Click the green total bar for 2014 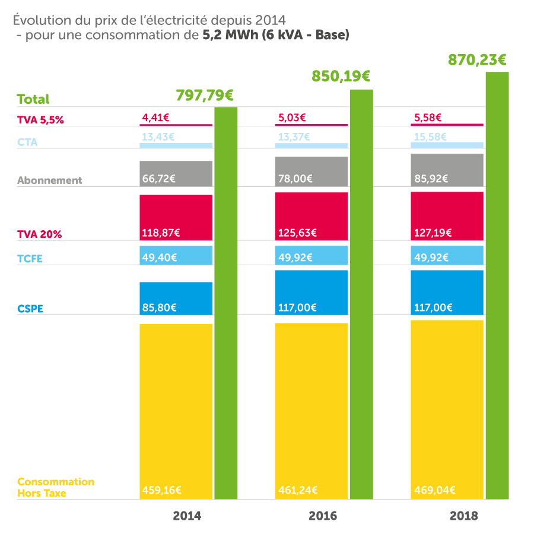[x=226, y=303]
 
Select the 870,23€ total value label [x=477, y=60]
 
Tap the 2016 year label [x=323, y=516]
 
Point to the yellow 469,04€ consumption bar [x=447, y=409]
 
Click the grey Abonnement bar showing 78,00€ [x=311, y=171]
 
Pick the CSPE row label [x=30, y=309]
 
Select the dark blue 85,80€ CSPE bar [x=176, y=298]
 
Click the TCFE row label [x=30, y=259]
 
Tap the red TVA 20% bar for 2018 [x=447, y=216]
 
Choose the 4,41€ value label [x=155, y=118]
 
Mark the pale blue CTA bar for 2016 [x=311, y=146]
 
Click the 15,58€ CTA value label [x=430, y=137]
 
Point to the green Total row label [x=33, y=99]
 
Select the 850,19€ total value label [x=341, y=77]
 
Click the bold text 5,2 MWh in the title [x=231, y=35]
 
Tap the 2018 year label [x=464, y=516]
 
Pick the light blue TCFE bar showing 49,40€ [x=176, y=255]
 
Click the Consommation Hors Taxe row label [x=56, y=487]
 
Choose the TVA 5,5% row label [x=40, y=120]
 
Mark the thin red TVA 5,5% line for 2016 [x=311, y=125]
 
